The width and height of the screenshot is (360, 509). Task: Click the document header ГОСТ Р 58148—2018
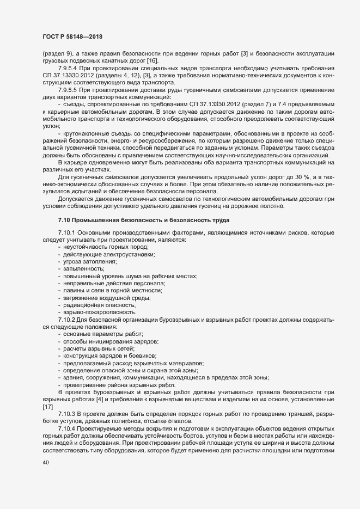coord(73,37)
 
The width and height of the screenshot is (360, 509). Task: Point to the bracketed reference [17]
coord(48,406)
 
